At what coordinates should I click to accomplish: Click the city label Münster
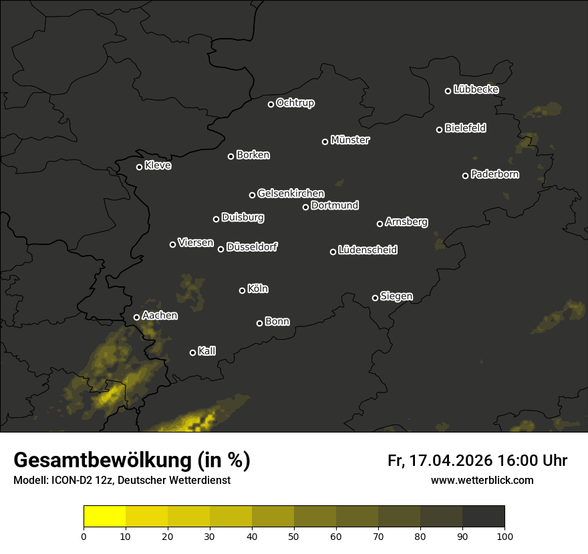pos(350,140)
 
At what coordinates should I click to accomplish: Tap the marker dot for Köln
pos(242,290)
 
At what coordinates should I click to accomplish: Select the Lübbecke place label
pos(476,89)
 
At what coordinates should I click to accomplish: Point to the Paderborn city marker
pos(465,176)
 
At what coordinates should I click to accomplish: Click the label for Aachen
pos(160,316)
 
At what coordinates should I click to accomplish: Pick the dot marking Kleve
pos(139,167)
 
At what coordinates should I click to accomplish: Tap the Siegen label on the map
pos(396,296)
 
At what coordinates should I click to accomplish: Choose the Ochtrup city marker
pos(271,104)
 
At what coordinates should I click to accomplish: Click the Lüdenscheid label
pos(367,250)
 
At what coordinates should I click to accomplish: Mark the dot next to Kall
pos(192,352)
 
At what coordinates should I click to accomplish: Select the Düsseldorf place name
pos(252,247)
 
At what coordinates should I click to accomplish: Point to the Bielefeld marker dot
pos(439,129)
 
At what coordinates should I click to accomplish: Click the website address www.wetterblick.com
pos(482,480)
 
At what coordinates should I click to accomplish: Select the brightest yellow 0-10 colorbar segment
pos(105,517)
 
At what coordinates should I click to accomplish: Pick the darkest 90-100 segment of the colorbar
pos(483,517)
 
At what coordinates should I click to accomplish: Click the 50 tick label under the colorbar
pos(294,535)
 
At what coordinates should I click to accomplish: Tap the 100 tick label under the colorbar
pos(504,535)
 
